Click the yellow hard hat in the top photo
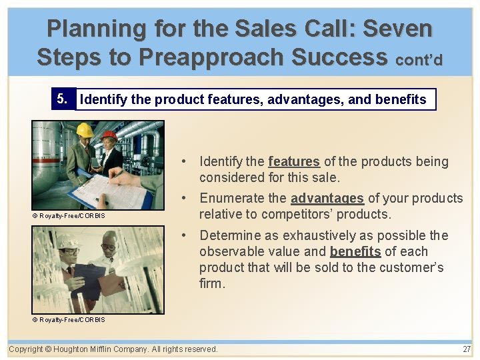click(x=85, y=130)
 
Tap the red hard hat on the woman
click(x=109, y=135)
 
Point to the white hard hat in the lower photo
click(x=68, y=241)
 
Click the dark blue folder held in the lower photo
click(x=89, y=279)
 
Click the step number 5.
click(x=62, y=99)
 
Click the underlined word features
click(x=294, y=161)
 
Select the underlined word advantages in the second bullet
click(x=327, y=198)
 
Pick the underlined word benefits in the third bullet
click(x=355, y=251)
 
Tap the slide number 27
click(x=466, y=349)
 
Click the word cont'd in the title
click(x=419, y=60)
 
